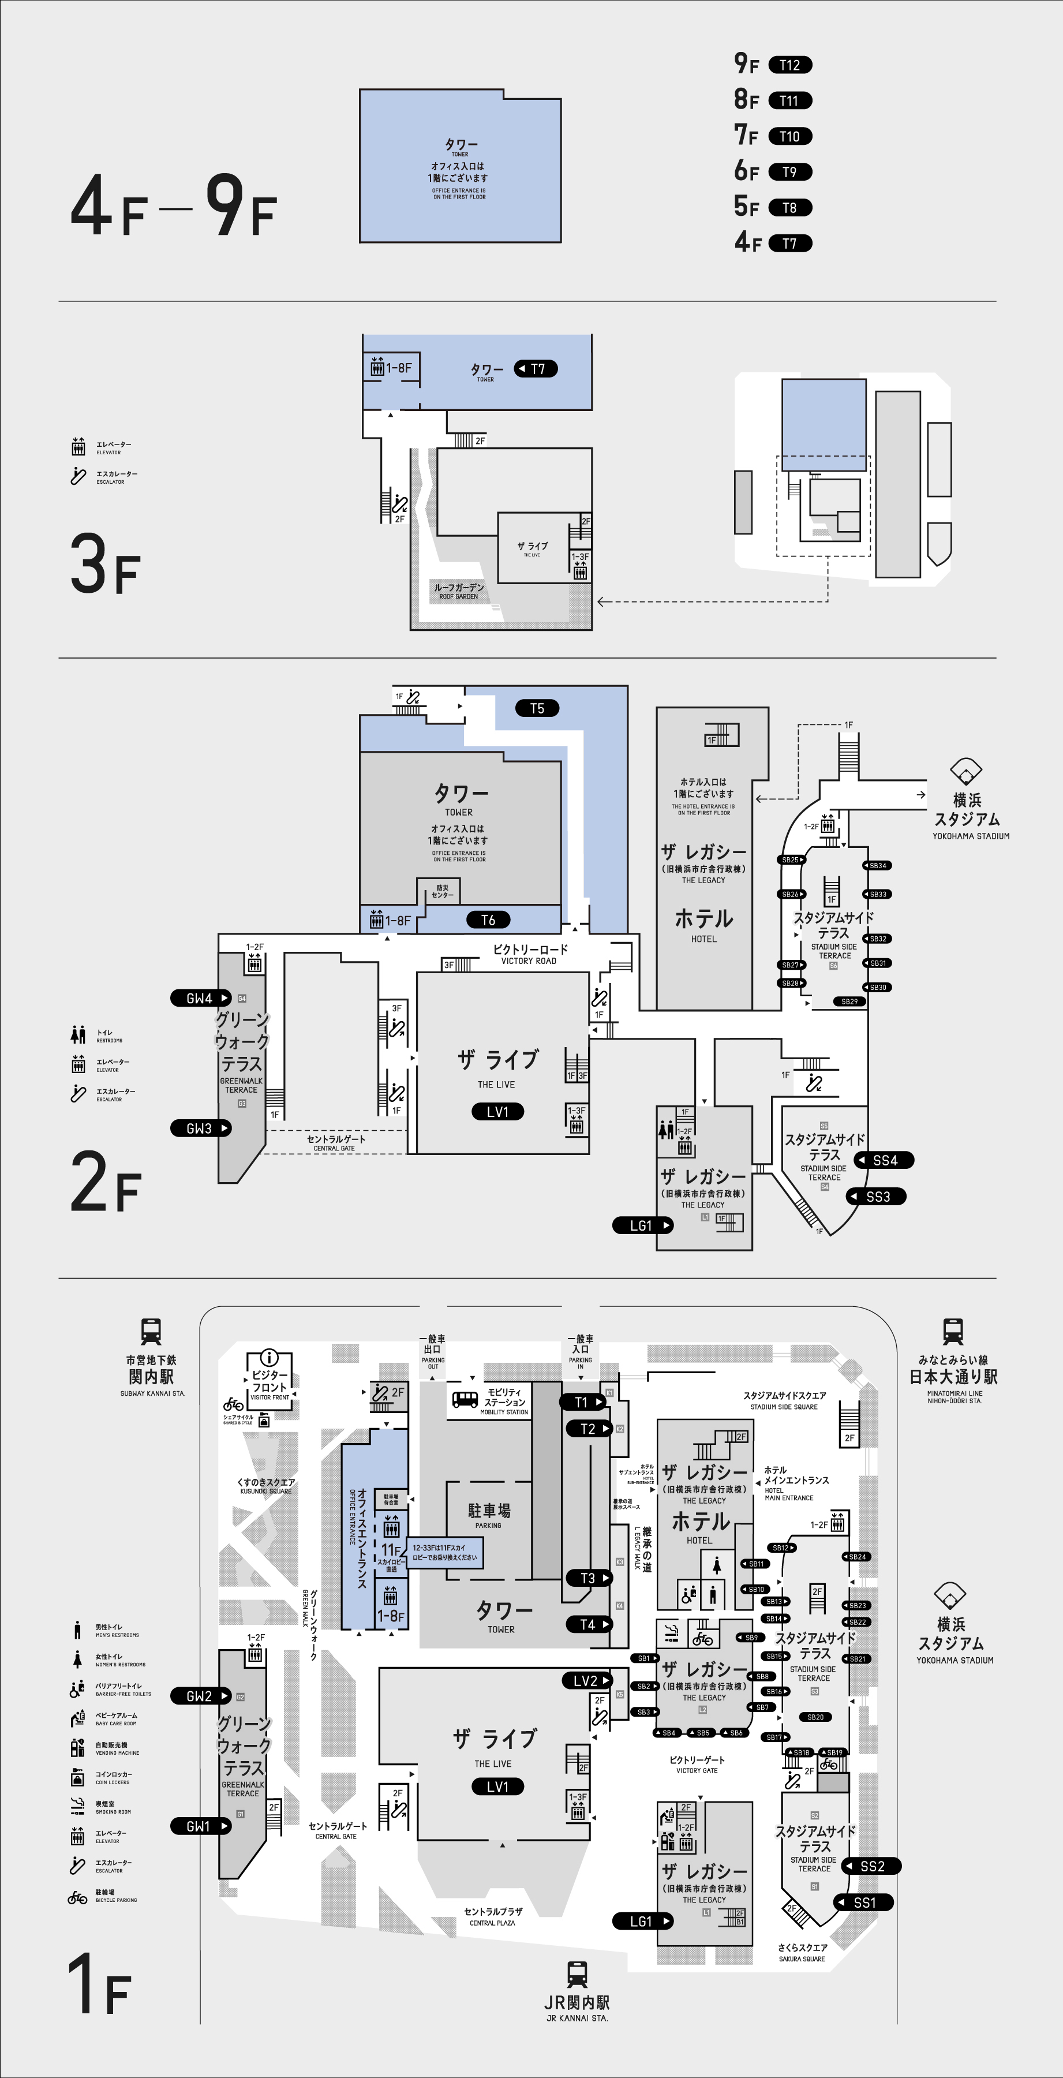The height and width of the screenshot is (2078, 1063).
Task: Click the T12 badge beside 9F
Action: (789, 65)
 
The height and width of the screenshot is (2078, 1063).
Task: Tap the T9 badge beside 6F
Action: (789, 172)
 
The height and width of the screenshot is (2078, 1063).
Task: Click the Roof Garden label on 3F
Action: (459, 591)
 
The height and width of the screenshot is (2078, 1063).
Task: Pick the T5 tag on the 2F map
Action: (537, 708)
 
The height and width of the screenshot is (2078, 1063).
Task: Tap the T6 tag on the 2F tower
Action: (489, 920)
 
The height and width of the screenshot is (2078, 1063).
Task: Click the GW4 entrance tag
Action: (200, 998)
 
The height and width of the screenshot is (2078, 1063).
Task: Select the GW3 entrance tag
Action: (200, 1128)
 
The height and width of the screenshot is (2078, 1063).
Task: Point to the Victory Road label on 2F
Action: (530, 954)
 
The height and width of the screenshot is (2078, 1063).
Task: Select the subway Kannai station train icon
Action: (151, 1331)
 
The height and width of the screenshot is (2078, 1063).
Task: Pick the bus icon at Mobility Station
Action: (465, 1400)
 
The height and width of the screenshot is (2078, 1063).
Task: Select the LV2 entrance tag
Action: (586, 1680)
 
